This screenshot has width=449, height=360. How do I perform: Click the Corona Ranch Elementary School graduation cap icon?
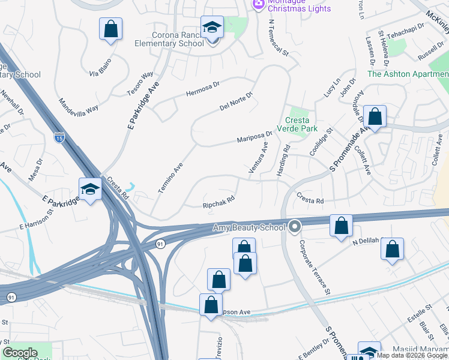click(212, 28)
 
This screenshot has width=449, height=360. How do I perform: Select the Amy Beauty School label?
click(249, 228)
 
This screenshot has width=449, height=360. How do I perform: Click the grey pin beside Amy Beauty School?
click(294, 227)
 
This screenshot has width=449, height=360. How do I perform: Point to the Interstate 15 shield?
click(59, 137)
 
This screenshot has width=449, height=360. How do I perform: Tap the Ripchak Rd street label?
click(218, 204)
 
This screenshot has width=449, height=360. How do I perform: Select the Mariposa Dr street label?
click(255, 137)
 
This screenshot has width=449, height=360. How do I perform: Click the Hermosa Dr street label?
click(204, 91)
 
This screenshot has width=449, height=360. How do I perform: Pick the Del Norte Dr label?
click(237, 102)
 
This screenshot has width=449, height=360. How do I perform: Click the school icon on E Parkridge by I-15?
click(91, 189)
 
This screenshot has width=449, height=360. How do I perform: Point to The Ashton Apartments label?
click(408, 74)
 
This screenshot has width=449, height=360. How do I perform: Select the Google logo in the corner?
click(20, 353)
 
